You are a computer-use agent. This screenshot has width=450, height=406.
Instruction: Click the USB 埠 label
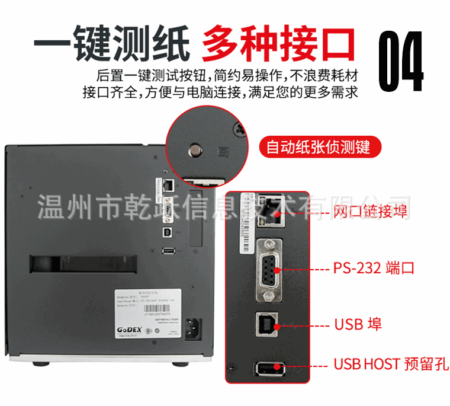[358, 324]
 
